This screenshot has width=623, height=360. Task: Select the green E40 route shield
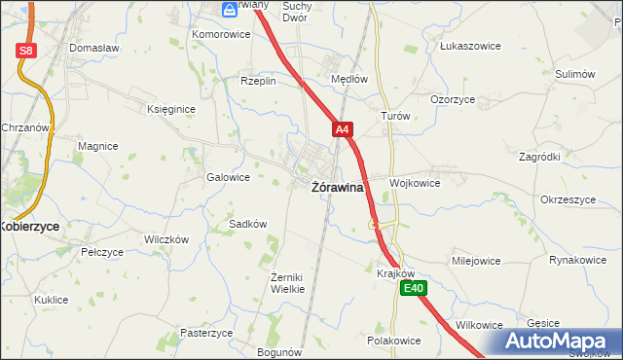[415, 288]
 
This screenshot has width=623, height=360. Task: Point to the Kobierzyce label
[29, 225]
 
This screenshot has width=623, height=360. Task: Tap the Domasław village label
[93, 47]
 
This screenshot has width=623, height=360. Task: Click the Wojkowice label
[415, 182]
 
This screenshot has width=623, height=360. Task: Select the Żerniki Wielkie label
[287, 282]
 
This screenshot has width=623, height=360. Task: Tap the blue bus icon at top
[229, 10]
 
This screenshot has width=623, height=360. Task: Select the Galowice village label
[229, 178]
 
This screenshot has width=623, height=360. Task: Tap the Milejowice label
[475, 261]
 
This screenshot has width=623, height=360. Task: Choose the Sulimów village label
[574, 74]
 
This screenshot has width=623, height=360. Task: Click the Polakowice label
[393, 341]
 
